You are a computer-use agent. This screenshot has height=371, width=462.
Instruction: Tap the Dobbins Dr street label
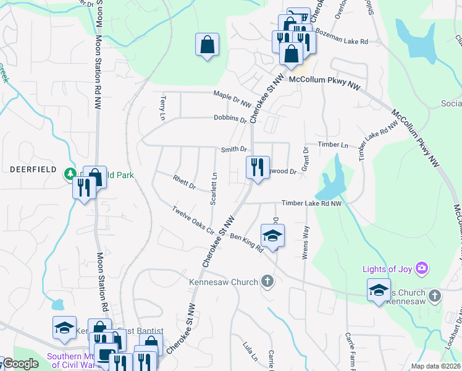pos(230,118)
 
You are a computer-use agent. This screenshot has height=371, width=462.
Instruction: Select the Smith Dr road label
pos(234,149)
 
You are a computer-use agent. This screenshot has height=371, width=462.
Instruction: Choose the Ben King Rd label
pos(246,242)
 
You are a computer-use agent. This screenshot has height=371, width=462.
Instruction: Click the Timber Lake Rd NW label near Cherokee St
pos(311,203)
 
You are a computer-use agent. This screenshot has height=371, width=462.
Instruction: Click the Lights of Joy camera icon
pos(422,268)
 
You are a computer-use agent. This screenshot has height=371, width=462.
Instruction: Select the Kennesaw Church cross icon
pos(267,282)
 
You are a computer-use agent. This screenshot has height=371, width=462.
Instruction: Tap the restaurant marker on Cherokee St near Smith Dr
pos(257,167)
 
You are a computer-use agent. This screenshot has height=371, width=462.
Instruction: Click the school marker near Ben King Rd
pos(272,235)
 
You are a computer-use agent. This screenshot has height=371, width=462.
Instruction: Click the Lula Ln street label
pos(250,352)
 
